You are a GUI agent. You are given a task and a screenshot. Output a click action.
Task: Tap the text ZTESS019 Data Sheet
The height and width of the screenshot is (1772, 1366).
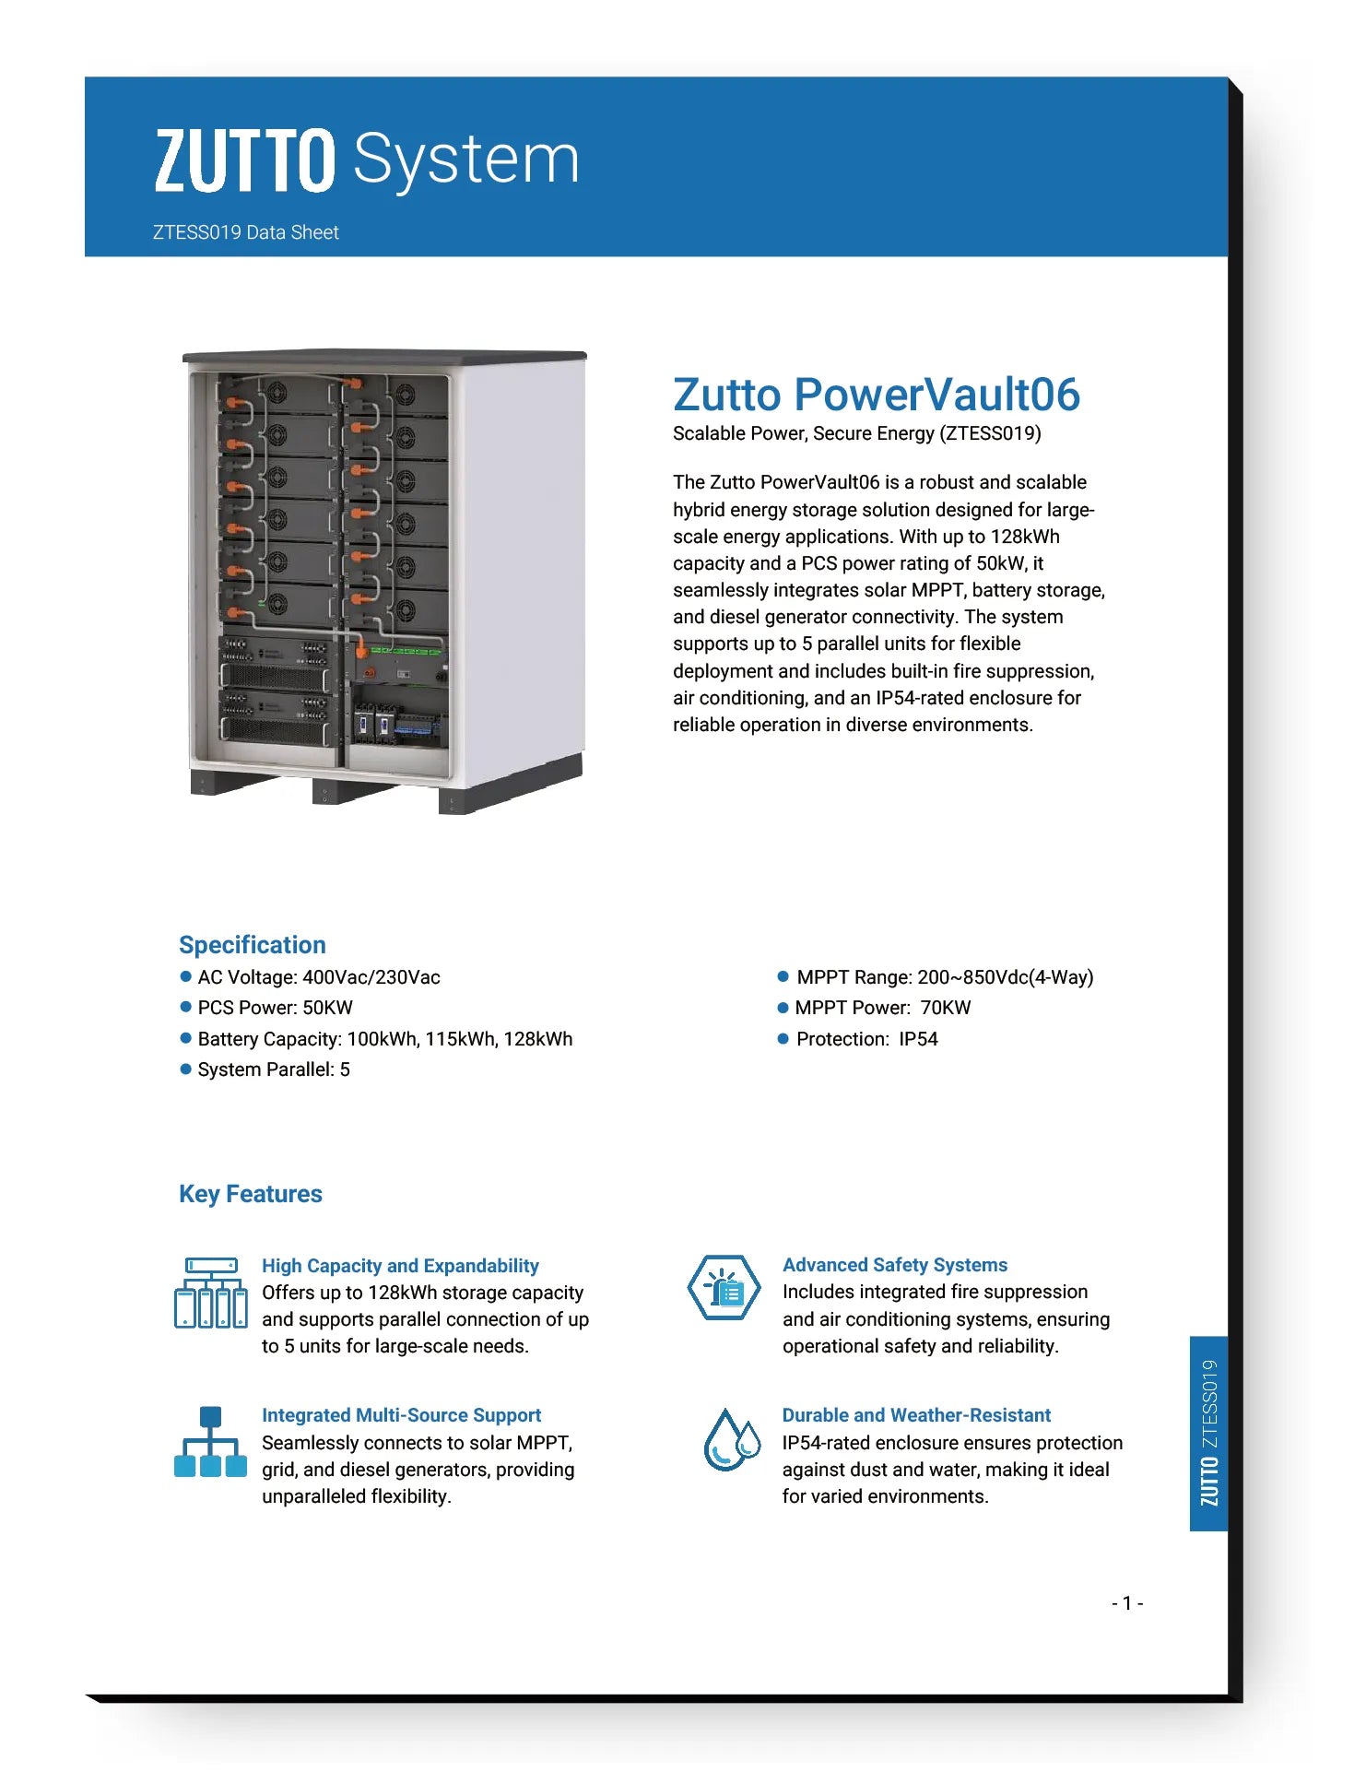point(245,232)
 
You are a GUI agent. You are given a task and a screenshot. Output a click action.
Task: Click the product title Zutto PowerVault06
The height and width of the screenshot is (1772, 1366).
point(876,395)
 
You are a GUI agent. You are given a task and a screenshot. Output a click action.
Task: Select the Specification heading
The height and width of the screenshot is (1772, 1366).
point(252,945)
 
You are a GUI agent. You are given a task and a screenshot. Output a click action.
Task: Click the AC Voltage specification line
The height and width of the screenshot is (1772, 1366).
point(318,977)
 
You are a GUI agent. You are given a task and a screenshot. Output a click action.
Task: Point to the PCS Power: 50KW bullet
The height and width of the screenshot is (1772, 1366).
point(275,1008)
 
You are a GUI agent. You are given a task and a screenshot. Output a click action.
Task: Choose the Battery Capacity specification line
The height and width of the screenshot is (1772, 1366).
point(384,1039)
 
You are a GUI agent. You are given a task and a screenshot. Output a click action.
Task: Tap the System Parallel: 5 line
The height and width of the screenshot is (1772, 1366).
point(273,1069)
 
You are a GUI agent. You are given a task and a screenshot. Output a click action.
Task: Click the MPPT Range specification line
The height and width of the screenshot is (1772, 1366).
point(944,977)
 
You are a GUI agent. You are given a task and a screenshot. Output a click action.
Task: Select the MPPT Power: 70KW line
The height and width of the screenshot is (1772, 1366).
point(882,1008)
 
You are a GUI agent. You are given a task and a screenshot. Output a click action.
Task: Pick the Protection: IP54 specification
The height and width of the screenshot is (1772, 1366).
point(866,1039)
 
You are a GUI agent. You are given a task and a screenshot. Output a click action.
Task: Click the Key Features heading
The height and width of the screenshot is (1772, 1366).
point(250,1194)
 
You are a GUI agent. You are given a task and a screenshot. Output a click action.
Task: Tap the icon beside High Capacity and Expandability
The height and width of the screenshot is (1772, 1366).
point(211,1293)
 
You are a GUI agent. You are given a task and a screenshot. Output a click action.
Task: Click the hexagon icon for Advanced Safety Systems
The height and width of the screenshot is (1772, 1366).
point(724,1288)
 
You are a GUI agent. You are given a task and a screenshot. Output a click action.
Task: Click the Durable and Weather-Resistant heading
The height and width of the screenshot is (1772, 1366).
point(916,1415)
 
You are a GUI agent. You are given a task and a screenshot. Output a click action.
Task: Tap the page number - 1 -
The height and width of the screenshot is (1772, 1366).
point(1127,1603)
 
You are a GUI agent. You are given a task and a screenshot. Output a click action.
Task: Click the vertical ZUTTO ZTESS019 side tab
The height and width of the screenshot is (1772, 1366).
point(1209,1433)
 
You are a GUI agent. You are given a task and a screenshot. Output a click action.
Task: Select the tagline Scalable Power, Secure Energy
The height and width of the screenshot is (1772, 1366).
point(856,433)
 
